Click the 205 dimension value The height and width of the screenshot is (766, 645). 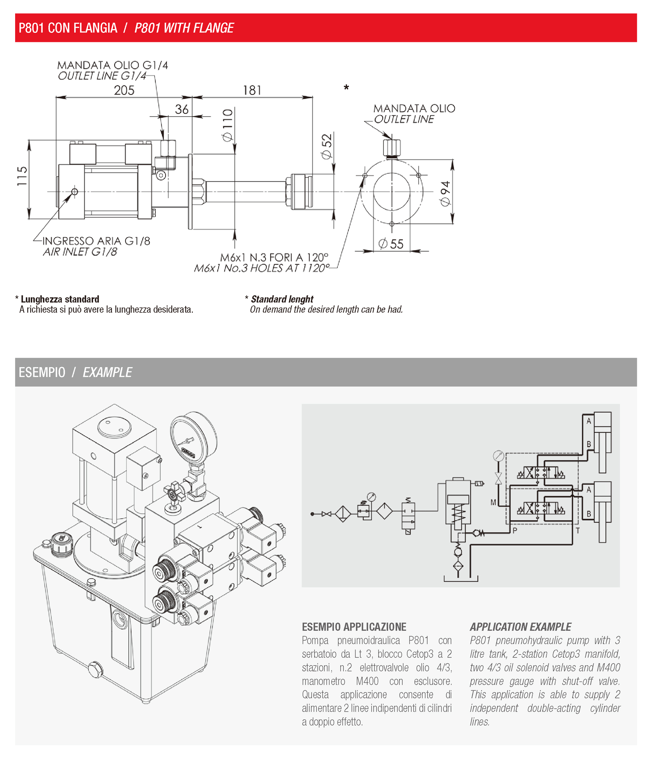[x=124, y=90]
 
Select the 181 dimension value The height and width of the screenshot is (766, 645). [x=252, y=90]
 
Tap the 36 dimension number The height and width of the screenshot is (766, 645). [x=182, y=109]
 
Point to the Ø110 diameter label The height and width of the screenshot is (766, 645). [x=227, y=125]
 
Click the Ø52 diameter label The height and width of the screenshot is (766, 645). [x=327, y=146]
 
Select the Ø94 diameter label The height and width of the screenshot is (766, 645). [x=445, y=194]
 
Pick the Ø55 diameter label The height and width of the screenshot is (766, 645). [x=391, y=244]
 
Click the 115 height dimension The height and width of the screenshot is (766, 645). [x=22, y=177]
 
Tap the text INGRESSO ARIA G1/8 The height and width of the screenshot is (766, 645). [x=96, y=241]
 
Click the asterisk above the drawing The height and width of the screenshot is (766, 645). [x=346, y=88]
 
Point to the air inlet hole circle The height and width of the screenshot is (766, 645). [x=75, y=192]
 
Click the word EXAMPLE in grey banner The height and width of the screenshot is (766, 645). [x=107, y=372]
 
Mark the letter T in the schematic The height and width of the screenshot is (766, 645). [x=577, y=530]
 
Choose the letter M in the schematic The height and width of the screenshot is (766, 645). [x=493, y=502]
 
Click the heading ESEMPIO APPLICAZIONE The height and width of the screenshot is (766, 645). [x=354, y=627]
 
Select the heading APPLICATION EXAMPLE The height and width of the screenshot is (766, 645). [x=520, y=627]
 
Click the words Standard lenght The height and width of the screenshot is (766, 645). [x=282, y=299]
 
